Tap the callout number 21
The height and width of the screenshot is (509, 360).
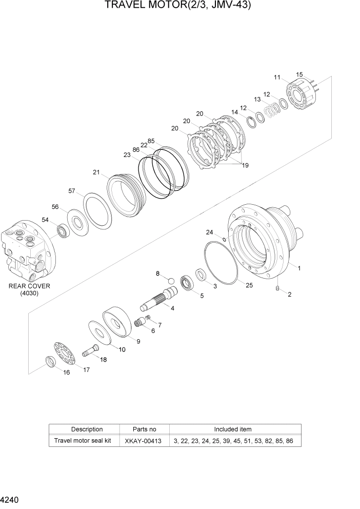coord(96,172)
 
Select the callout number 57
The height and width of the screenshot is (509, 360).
coord(72,191)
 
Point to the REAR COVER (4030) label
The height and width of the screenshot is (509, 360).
coord(29,289)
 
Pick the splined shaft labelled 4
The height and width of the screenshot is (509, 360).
coord(159,300)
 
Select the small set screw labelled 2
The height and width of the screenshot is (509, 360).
coord(277,290)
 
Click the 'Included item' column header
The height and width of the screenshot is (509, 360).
coord(232,429)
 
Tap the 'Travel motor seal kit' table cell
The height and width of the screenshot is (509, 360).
coord(83,441)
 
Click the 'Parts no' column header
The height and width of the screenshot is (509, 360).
coord(144,429)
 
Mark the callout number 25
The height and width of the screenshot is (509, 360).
coord(249,285)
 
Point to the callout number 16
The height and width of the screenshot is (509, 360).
coord(66,373)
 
